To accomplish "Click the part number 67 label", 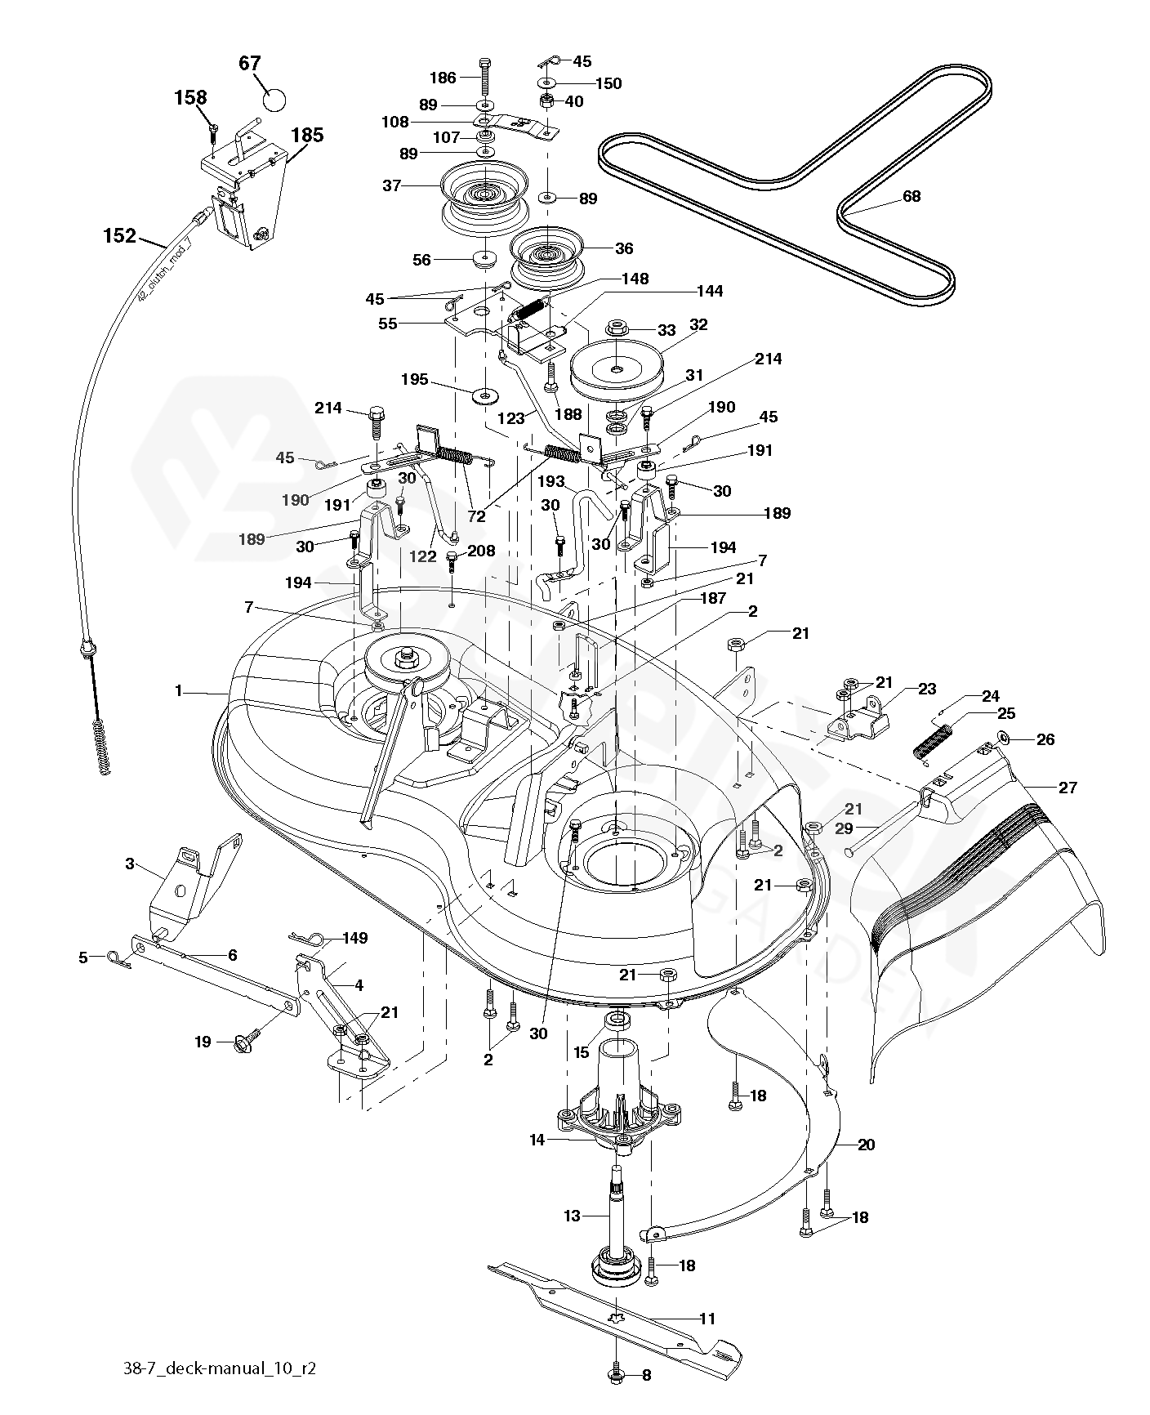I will pyautogui.click(x=249, y=64).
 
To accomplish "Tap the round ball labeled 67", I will pyautogui.click(x=275, y=100).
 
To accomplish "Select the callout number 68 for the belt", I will pyautogui.click(x=911, y=197).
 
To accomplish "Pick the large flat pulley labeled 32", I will pyautogui.click(x=617, y=368).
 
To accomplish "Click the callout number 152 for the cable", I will pyautogui.click(x=119, y=236).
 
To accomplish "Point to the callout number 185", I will pyautogui.click(x=307, y=136).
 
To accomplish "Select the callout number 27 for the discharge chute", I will pyautogui.click(x=1067, y=788).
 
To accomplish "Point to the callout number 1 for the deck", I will pyautogui.click(x=178, y=691).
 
